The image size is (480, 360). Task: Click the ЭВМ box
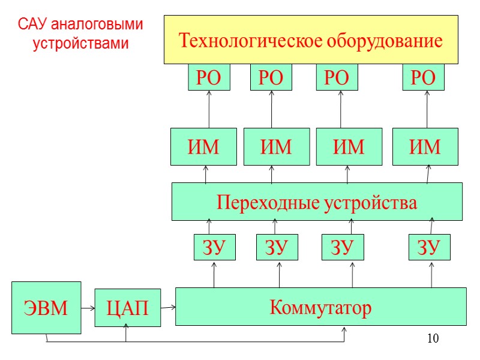click(x=46, y=307)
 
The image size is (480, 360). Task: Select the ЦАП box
click(x=127, y=308)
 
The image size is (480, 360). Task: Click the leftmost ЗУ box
click(x=214, y=247)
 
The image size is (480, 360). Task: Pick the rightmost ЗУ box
click(x=430, y=247)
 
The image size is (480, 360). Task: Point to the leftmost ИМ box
click(x=204, y=146)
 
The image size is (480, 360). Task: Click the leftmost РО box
click(x=209, y=78)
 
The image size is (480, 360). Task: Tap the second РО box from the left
click(x=271, y=78)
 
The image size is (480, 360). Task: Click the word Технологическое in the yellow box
click(x=252, y=41)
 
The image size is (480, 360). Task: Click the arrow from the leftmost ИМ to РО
click(x=209, y=109)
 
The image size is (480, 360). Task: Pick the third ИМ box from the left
click(x=349, y=146)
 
